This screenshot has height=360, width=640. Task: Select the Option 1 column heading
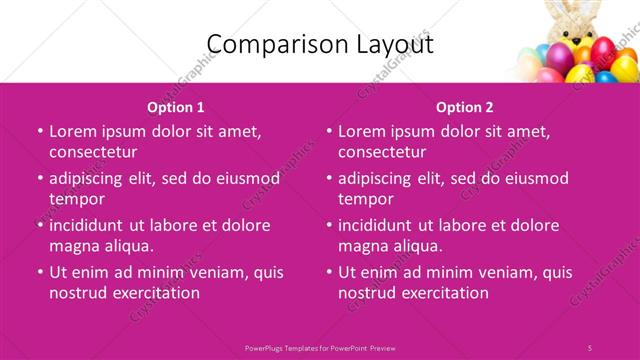[x=176, y=107]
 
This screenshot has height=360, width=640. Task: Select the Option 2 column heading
[x=465, y=107]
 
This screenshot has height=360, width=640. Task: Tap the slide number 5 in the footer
[x=590, y=347]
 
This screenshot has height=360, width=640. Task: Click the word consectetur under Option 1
[x=93, y=152]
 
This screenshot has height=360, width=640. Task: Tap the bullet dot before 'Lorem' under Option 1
[x=40, y=131]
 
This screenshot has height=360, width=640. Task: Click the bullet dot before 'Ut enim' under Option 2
[x=329, y=272]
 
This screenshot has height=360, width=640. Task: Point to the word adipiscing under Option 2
[x=380, y=178]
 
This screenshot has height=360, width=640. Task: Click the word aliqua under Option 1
[x=128, y=246]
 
